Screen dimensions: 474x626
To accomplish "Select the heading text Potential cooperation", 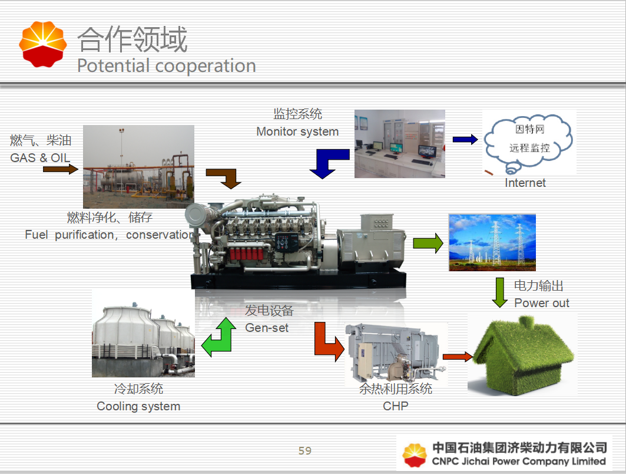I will click(x=166, y=65).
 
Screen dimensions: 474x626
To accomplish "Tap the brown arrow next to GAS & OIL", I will click(x=61, y=170).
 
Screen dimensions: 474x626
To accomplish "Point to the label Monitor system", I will click(x=297, y=131).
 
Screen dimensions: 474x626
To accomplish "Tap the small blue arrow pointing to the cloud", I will click(x=465, y=140).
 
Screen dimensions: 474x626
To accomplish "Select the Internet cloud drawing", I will click(x=528, y=142).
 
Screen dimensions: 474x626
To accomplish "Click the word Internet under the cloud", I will click(x=525, y=183).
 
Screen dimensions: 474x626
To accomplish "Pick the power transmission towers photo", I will click(x=492, y=242).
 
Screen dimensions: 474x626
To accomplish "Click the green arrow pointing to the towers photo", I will click(x=428, y=243).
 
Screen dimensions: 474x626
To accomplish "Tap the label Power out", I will click(x=542, y=303).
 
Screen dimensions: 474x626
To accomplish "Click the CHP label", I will click(x=396, y=406).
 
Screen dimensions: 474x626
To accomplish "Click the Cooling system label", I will click(x=138, y=406).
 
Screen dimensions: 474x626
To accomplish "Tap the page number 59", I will click(x=304, y=451).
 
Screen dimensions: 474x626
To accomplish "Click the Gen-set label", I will click(x=267, y=328).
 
